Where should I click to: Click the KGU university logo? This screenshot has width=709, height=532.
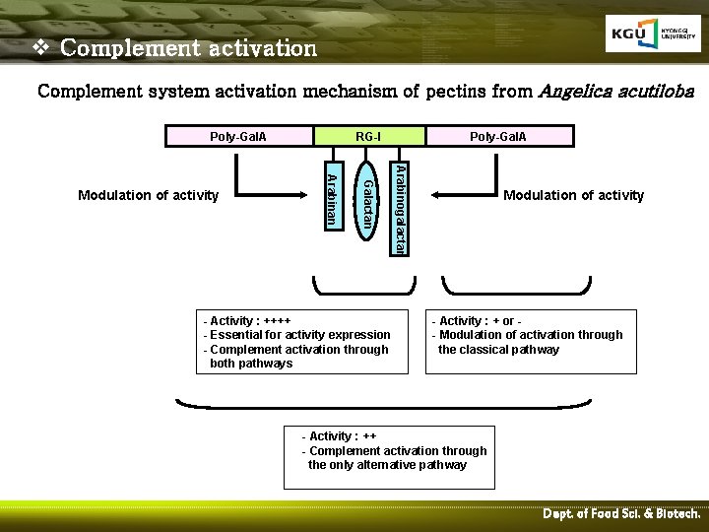click(652, 34)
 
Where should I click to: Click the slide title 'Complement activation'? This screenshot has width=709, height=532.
click(188, 47)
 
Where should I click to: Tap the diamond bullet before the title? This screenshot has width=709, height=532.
click(41, 47)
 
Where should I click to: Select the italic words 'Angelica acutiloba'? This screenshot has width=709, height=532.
click(616, 92)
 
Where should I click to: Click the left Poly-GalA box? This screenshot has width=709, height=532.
click(238, 136)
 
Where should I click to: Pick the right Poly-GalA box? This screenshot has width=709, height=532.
click(498, 136)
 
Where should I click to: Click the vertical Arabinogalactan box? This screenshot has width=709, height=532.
click(398, 208)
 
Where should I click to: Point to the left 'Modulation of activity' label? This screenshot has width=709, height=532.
click(148, 195)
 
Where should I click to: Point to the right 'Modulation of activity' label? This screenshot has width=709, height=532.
click(573, 195)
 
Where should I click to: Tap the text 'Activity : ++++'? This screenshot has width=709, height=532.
click(247, 321)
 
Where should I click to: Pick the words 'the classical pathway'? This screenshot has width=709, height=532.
click(498, 350)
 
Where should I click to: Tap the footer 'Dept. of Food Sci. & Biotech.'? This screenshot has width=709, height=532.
click(621, 514)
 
